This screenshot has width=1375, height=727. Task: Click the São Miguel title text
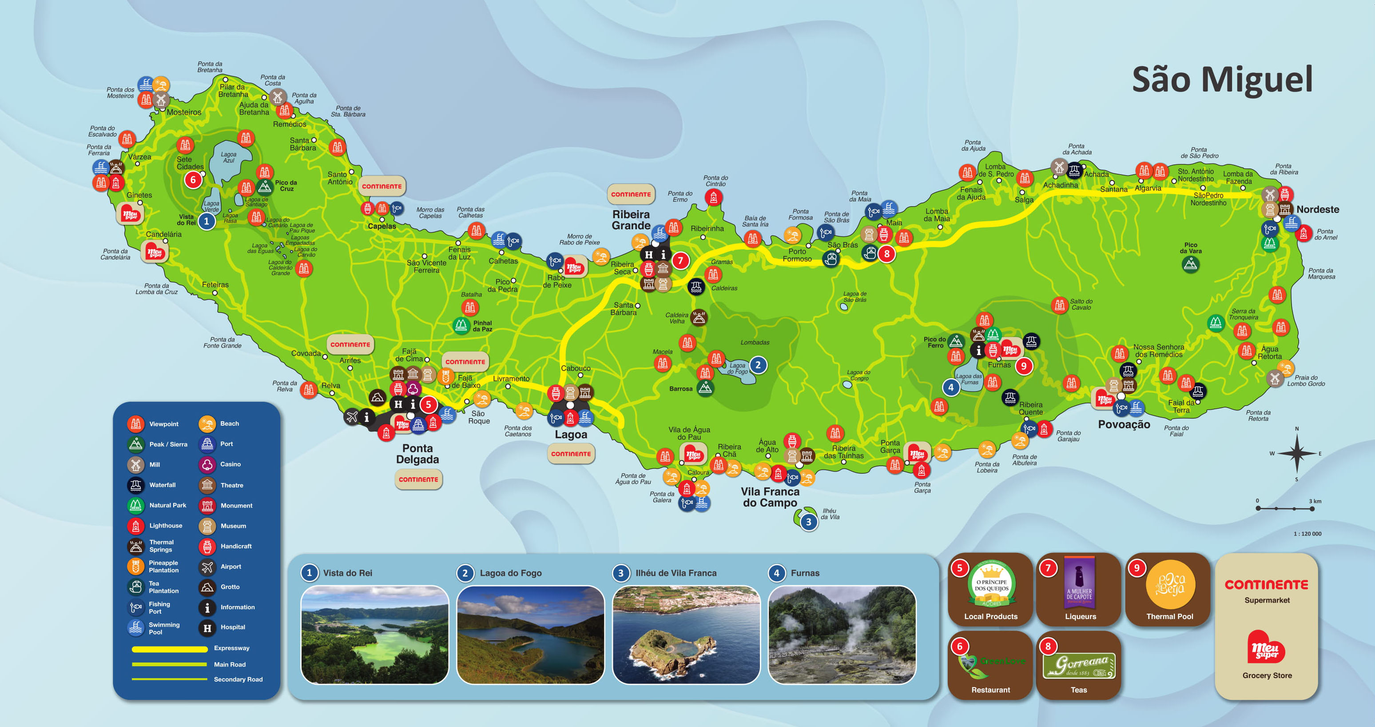[x=1222, y=80]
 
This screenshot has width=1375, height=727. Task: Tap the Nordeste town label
[x=1317, y=209]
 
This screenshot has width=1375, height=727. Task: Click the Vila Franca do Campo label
[x=770, y=497]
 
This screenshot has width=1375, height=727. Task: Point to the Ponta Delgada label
[x=417, y=454]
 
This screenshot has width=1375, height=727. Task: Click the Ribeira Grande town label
[x=631, y=220]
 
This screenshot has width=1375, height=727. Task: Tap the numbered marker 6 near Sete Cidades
[x=193, y=180]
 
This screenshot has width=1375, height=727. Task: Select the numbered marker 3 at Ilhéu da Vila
[x=809, y=522]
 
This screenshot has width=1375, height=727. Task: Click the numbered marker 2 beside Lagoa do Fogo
[x=758, y=365]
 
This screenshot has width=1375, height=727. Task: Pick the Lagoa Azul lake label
[x=228, y=157]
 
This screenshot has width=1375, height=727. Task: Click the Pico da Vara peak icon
[x=1190, y=264]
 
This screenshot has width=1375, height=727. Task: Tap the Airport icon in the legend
[x=207, y=567]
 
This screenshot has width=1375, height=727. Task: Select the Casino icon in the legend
[x=207, y=464]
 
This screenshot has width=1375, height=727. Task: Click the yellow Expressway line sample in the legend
[x=169, y=649]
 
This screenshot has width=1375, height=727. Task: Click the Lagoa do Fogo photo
[x=530, y=635]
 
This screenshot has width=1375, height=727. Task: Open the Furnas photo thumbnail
[x=842, y=635]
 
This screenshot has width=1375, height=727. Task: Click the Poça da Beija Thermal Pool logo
[x=1170, y=585]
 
